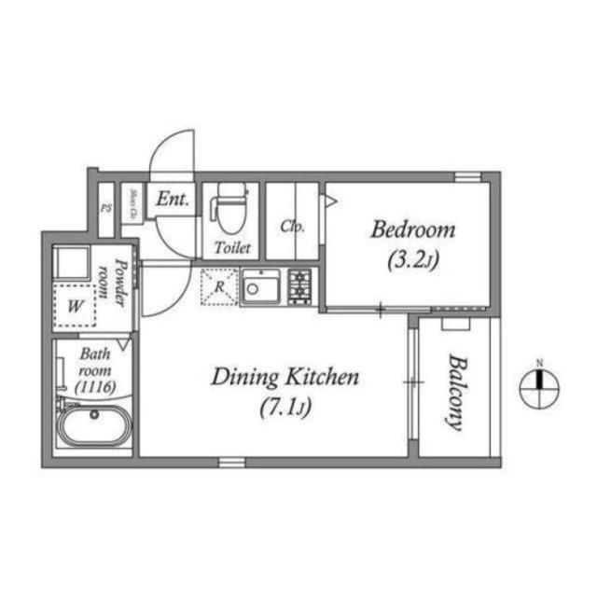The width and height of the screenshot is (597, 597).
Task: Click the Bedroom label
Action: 412,229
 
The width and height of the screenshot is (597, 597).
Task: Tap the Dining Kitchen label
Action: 285,378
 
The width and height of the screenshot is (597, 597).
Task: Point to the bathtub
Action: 94,428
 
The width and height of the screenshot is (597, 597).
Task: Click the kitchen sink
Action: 261,288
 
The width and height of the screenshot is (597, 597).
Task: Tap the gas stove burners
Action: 300,286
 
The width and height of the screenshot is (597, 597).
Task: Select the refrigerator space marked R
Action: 218,287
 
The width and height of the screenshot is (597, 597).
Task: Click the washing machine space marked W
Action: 74,304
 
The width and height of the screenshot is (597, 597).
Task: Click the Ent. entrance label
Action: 173,199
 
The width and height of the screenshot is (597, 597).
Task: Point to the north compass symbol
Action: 539,382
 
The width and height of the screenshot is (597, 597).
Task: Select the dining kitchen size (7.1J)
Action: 285,408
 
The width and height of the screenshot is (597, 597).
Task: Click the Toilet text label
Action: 231,248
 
